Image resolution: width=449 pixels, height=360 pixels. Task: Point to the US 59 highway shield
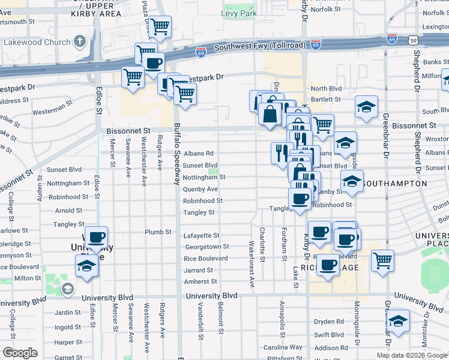(x=412, y=40)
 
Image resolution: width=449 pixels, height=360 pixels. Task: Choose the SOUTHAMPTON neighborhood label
(x=395, y=183)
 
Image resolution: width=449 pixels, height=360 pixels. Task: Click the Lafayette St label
(x=201, y=236)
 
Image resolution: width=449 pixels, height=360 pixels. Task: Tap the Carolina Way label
(x=283, y=347)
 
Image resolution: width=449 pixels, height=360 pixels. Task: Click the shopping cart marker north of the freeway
(x=160, y=26)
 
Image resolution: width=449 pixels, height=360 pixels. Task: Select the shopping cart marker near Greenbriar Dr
(x=382, y=260)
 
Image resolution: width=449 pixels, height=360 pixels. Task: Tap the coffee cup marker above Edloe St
(x=96, y=237)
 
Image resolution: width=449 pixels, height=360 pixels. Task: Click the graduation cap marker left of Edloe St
(x=87, y=265)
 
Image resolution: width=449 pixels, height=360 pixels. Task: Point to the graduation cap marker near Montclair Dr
(x=398, y=320)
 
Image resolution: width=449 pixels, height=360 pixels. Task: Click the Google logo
(x=19, y=353)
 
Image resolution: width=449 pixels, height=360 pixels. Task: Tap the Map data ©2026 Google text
(x=411, y=355)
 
